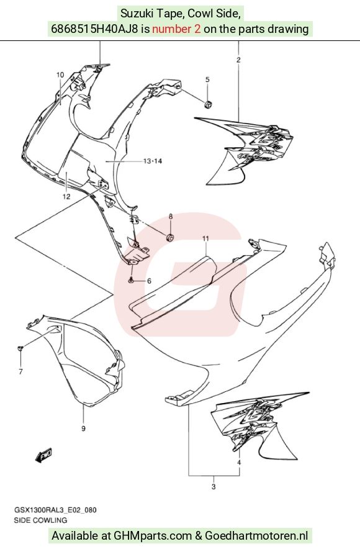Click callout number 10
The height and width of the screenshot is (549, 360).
pyautogui.click(x=60, y=75)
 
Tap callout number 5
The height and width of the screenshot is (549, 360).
pyautogui.click(x=207, y=80)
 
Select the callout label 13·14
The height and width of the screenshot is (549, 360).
pyautogui.click(x=153, y=161)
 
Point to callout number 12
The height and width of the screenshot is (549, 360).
pyautogui.click(x=66, y=196)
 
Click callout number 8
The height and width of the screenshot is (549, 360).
pyautogui.click(x=171, y=216)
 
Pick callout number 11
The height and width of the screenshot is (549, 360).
pyautogui.click(x=205, y=238)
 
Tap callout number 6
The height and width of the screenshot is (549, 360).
pyautogui.click(x=149, y=281)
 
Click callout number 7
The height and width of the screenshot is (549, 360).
pyautogui.click(x=20, y=371)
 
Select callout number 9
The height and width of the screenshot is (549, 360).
pyautogui.click(x=83, y=428)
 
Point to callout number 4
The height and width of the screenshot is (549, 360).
pyautogui.click(x=239, y=463)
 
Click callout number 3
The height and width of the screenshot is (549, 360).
pyautogui.click(x=214, y=487)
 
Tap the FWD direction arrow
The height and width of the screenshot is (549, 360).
pyautogui.click(x=43, y=456)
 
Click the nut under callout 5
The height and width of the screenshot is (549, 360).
pyautogui.click(x=208, y=104)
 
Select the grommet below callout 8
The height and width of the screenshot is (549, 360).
pyautogui.click(x=170, y=237)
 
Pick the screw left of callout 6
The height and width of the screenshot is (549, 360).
pyautogui.click(x=131, y=281)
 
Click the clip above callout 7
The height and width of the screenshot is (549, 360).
pyautogui.click(x=20, y=348)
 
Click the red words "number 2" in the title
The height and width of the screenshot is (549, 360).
pyautogui.click(x=176, y=29)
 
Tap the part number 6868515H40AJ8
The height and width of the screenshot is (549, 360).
pyautogui.click(x=94, y=29)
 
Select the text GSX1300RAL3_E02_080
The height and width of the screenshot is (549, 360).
pyautogui.click(x=55, y=510)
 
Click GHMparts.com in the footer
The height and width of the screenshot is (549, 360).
pyautogui.click(x=153, y=536)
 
